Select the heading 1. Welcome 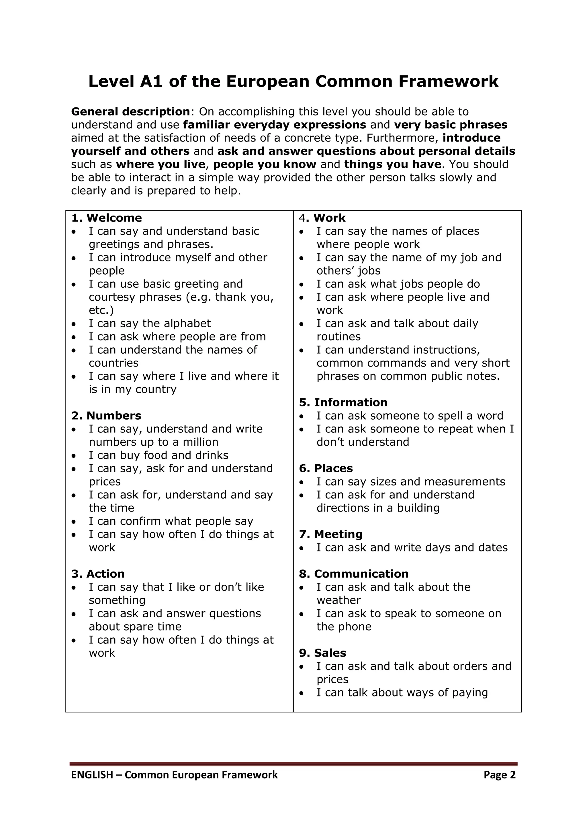[107, 218]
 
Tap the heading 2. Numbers [106, 416]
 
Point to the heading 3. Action [98, 574]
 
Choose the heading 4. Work [322, 218]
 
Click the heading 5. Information [343, 402]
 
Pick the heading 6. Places [326, 469]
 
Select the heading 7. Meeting [330, 534]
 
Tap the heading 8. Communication [353, 574]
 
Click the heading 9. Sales [322, 653]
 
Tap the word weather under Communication [338, 600]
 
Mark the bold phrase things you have [393, 164]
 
